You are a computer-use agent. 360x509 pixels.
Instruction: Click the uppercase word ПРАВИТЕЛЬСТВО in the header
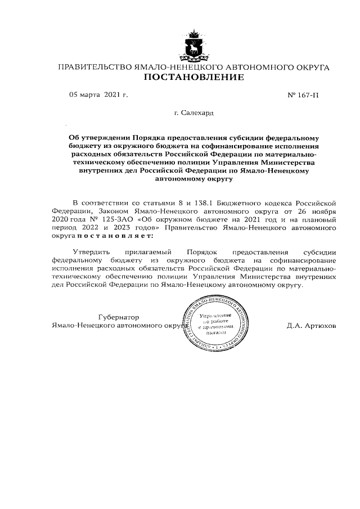[94, 67]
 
